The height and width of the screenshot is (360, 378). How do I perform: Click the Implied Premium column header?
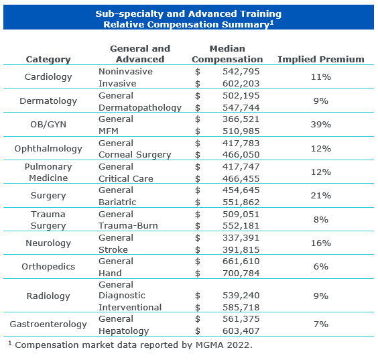pos(321,59)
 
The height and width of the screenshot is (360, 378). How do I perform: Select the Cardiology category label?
pos(48,77)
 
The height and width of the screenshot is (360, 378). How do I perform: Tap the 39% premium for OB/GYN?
pos(321,125)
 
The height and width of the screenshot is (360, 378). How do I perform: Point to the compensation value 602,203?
pos(241,83)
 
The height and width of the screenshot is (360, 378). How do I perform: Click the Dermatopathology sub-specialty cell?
pos(140,108)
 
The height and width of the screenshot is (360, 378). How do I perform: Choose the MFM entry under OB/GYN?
pos(109,131)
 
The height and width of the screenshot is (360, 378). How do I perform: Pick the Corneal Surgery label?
pos(135,155)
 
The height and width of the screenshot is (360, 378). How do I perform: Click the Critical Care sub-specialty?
pos(126,179)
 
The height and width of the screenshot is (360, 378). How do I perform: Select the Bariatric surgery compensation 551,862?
pos(241,202)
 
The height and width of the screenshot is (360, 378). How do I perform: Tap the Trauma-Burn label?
pos(128,226)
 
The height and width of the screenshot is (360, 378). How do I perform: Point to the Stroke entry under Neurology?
pos(113,250)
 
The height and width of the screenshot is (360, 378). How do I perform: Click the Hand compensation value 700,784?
pos(241,274)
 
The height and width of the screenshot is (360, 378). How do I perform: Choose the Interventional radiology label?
pos(130,308)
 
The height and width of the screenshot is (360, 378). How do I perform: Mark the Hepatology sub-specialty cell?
pos(124,331)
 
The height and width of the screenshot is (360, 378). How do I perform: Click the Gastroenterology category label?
pos(48,324)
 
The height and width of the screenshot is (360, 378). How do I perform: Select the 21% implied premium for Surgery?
pos(321,196)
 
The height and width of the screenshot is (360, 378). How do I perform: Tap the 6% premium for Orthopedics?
pos(321,267)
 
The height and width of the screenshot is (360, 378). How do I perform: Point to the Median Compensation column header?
pos(227,54)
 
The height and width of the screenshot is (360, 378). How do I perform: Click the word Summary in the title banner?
pos(245,25)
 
